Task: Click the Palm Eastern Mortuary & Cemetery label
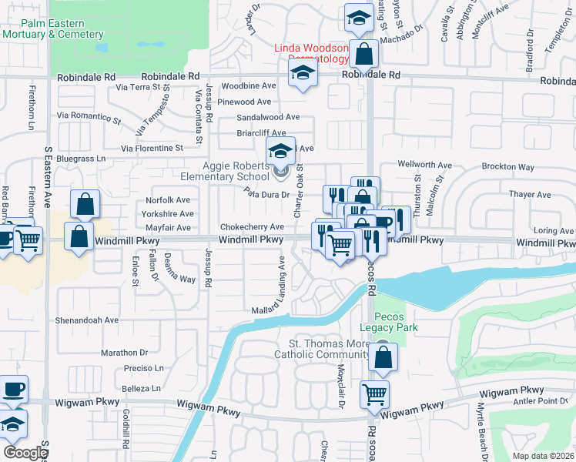pyautogui.click(x=52, y=29)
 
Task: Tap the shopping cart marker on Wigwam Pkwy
pyautogui.click(x=374, y=393)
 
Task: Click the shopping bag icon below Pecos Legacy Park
pyautogui.click(x=383, y=357)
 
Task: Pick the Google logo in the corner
pyautogui.click(x=25, y=452)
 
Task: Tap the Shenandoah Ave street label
pyautogui.click(x=87, y=320)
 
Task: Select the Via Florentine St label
pyautogui.click(x=152, y=147)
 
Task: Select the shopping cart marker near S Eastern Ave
pyautogui.click(x=28, y=239)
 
